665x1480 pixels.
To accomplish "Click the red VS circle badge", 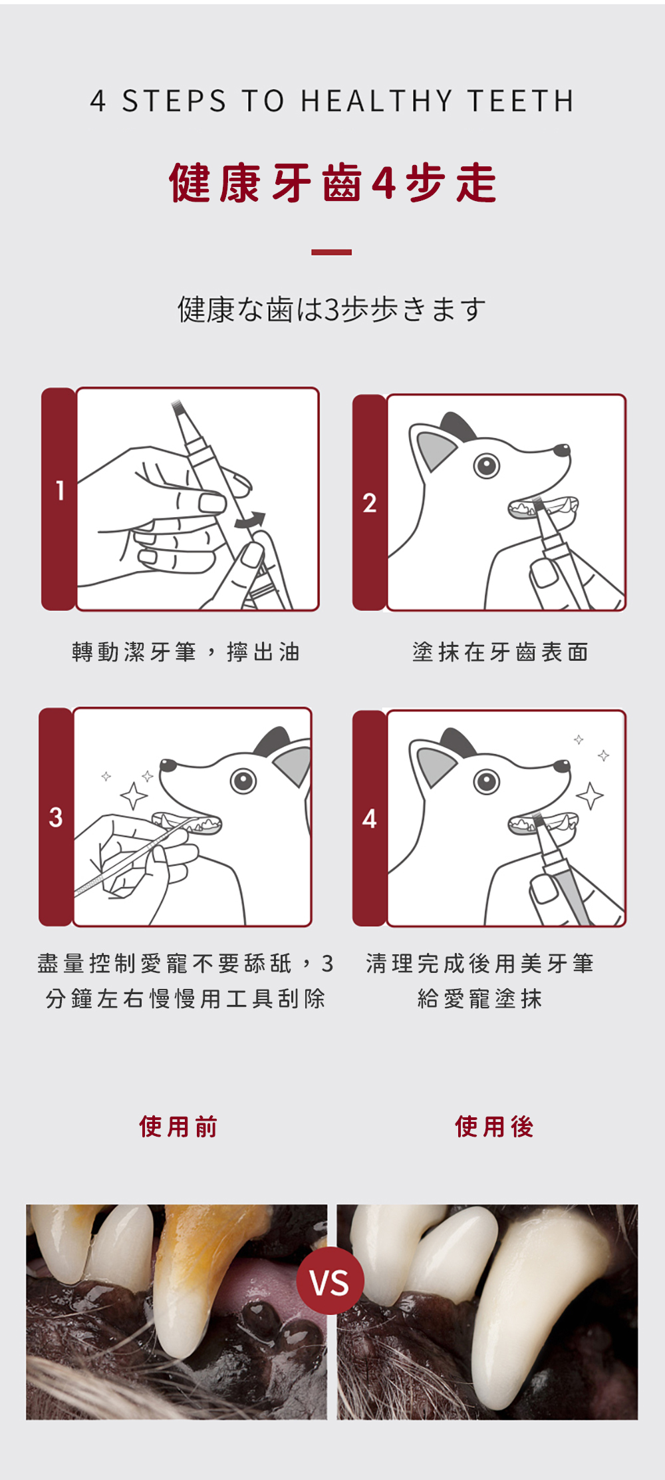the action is (x=330, y=1281).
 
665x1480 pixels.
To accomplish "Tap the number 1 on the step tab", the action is (x=60, y=490).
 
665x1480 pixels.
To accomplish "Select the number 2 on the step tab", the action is (x=370, y=503).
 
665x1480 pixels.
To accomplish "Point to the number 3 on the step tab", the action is (x=56, y=817).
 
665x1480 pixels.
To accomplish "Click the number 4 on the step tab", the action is (x=370, y=819).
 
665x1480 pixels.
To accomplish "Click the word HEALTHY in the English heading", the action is (x=376, y=101).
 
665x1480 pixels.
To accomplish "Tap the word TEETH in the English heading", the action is (x=521, y=101).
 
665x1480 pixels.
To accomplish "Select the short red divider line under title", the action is (x=331, y=252).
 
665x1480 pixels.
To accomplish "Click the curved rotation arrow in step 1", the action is (x=250, y=520).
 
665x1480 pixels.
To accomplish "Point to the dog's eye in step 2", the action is (x=487, y=466).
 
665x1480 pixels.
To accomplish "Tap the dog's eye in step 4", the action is (x=487, y=781).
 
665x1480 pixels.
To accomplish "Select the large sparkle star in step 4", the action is (x=590, y=796).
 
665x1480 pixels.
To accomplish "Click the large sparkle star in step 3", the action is (x=134, y=796).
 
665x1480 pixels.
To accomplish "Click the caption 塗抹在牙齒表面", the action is (x=500, y=652).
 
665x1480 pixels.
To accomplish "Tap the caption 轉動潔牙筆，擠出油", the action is (x=186, y=652).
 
